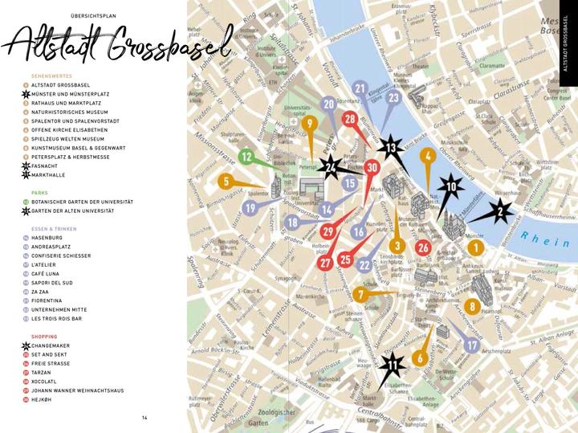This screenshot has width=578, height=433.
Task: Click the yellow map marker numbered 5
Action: [x=226, y=181]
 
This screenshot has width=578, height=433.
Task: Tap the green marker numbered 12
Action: [x=247, y=157]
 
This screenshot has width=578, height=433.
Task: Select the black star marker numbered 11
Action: [x=392, y=366]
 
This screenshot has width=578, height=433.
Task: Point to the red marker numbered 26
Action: [x=423, y=247]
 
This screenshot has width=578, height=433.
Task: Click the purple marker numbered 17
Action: [x=472, y=345]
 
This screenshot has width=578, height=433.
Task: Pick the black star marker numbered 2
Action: [x=501, y=212]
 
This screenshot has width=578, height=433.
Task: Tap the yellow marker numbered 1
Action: [x=475, y=248]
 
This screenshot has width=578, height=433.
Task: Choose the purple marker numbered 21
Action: [x=360, y=89]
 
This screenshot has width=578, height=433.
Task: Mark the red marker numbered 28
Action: [x=350, y=120]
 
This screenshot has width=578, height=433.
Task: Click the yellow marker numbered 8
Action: [x=472, y=305]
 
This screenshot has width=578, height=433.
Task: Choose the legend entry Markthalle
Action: [x=50, y=174]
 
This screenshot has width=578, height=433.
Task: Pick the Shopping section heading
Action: [x=44, y=337]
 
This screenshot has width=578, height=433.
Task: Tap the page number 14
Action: [x=145, y=417]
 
